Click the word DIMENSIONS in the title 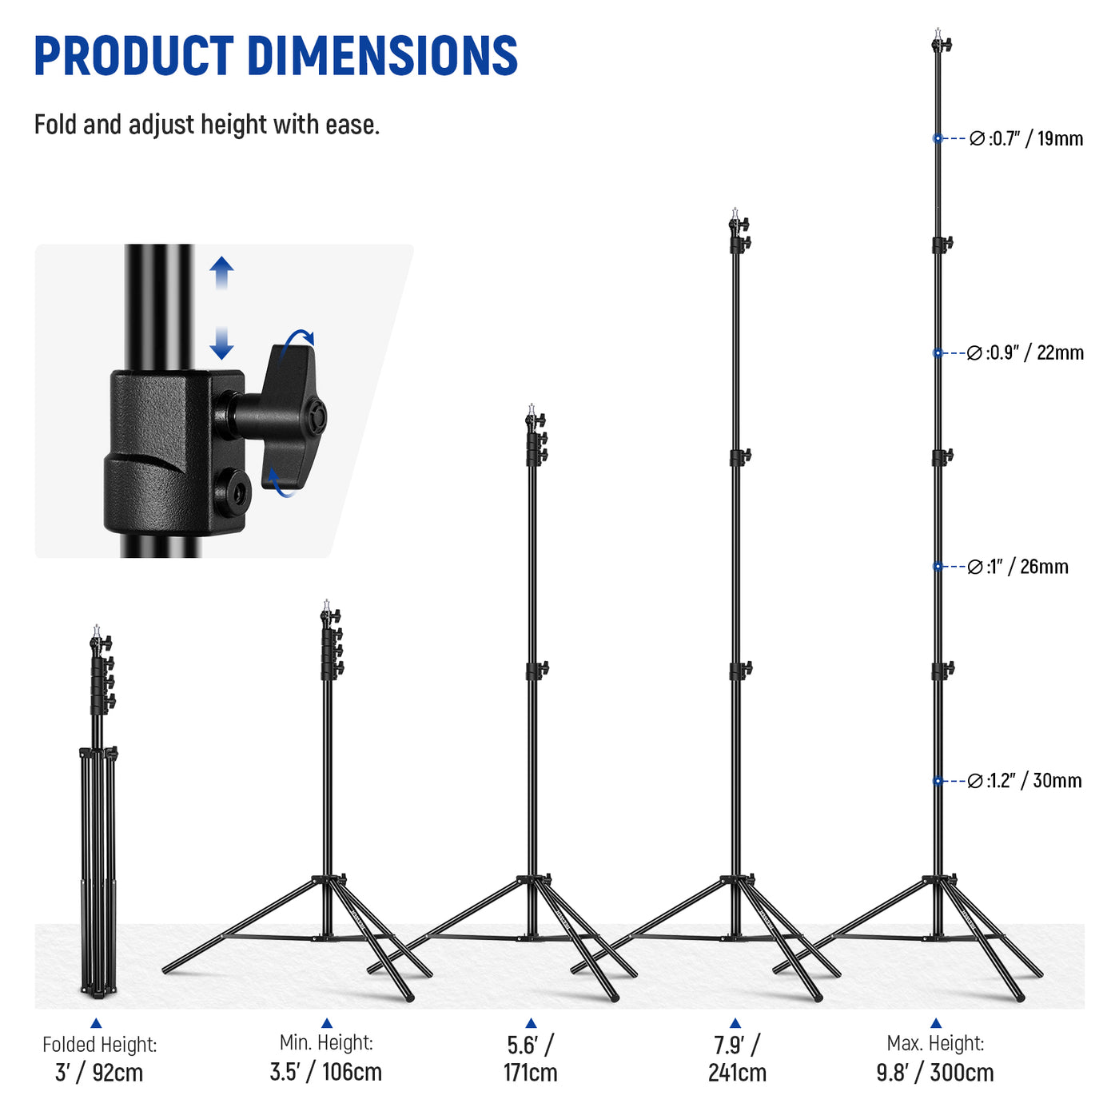(x=382, y=56)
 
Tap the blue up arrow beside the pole (x=221, y=273)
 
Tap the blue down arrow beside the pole (x=221, y=344)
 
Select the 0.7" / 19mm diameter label (x=1026, y=139)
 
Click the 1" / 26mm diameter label (x=1017, y=567)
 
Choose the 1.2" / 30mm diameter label (x=1025, y=781)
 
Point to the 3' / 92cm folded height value (x=99, y=1073)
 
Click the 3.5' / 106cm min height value (x=326, y=1072)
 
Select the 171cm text (x=531, y=1073)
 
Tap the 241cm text (x=737, y=1073)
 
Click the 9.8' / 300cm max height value (x=935, y=1073)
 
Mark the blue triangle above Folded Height (x=96, y=1023)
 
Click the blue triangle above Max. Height (x=936, y=1023)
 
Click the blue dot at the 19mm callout (x=938, y=138)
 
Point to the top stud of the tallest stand (x=938, y=34)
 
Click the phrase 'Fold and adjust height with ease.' (x=207, y=125)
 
